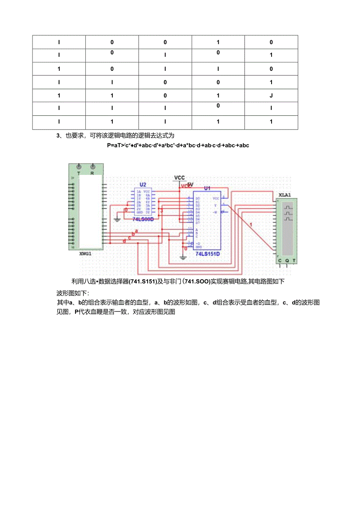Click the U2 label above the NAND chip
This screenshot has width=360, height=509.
(143, 185)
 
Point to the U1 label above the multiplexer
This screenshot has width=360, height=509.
(207, 188)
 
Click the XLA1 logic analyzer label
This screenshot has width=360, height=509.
(285, 194)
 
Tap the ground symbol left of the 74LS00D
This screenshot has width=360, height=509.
(116, 219)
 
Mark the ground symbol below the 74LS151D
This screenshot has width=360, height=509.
(182, 257)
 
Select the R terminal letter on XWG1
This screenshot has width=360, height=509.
(93, 173)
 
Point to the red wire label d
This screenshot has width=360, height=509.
(124, 241)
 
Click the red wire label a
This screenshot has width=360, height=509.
(137, 230)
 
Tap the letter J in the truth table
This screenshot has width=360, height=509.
(271, 95)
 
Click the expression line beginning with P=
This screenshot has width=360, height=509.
(178, 146)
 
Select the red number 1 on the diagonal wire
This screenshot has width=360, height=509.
(251, 224)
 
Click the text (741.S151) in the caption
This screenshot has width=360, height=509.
(143, 281)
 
